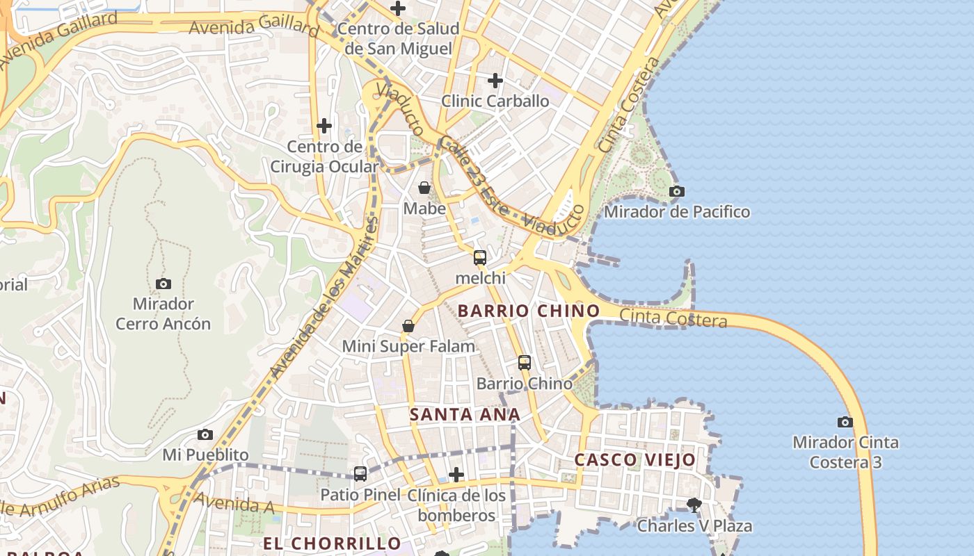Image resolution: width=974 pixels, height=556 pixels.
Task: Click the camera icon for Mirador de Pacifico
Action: [x=676, y=192]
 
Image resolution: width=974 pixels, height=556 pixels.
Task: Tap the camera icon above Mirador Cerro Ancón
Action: [x=163, y=284]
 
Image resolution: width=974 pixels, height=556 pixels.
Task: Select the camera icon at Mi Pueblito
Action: [x=205, y=434]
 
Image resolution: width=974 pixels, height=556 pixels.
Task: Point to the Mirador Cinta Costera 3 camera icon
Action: [x=845, y=422]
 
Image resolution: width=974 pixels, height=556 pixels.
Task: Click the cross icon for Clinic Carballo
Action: [x=495, y=81]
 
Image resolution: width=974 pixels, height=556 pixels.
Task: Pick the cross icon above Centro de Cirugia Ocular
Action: [x=324, y=126]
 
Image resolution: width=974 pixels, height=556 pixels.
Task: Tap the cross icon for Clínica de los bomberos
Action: [x=456, y=475]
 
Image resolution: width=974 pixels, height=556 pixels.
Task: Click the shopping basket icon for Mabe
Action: [x=424, y=188]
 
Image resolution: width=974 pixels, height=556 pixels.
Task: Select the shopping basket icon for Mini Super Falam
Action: [x=408, y=326]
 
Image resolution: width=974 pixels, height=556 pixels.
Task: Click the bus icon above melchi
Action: [x=480, y=258]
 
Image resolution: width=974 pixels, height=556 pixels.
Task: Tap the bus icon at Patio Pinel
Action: [x=360, y=474]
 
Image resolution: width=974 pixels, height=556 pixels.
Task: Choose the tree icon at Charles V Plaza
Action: [x=694, y=505]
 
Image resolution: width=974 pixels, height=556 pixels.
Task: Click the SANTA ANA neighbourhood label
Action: [x=465, y=415]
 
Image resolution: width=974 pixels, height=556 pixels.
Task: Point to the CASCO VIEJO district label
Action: [x=634, y=459]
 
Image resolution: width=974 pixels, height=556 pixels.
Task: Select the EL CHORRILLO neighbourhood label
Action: [x=332, y=543]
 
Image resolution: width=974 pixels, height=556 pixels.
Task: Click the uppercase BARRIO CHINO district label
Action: [x=528, y=311]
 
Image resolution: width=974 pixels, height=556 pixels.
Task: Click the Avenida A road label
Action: [x=234, y=503]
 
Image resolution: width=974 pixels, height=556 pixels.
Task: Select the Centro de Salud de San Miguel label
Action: [x=399, y=38]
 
